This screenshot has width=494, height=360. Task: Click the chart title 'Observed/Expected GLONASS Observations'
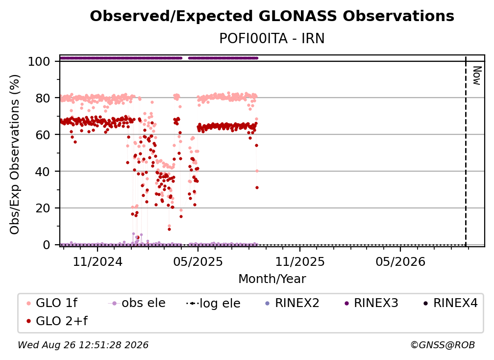click(x=272, y=16)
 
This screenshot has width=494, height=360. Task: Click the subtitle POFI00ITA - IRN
click(x=272, y=38)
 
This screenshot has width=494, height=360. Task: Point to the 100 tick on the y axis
click(x=39, y=61)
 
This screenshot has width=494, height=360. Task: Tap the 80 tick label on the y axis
click(x=43, y=98)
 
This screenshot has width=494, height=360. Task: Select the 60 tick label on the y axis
click(x=43, y=134)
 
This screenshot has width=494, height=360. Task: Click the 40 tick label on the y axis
click(x=43, y=172)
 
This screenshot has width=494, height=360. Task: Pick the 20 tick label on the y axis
click(x=43, y=208)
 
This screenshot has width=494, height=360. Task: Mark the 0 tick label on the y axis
click(x=47, y=245)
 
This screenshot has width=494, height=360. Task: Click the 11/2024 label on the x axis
click(x=98, y=261)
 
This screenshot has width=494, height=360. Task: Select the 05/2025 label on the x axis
click(x=198, y=261)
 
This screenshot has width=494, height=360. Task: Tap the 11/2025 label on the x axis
click(x=300, y=261)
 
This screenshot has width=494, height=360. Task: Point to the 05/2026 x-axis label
click(x=400, y=261)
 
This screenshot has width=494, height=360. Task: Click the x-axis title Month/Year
click(x=272, y=279)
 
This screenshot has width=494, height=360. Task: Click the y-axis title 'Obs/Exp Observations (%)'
click(x=15, y=154)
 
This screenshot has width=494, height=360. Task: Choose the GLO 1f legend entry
click(x=52, y=303)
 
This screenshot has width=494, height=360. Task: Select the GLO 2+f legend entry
click(x=57, y=321)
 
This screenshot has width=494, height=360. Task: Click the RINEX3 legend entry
click(x=372, y=303)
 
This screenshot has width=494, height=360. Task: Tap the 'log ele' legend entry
click(x=213, y=303)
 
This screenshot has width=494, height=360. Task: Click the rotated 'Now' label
click(x=477, y=76)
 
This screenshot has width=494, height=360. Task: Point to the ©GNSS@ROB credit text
click(x=443, y=345)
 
